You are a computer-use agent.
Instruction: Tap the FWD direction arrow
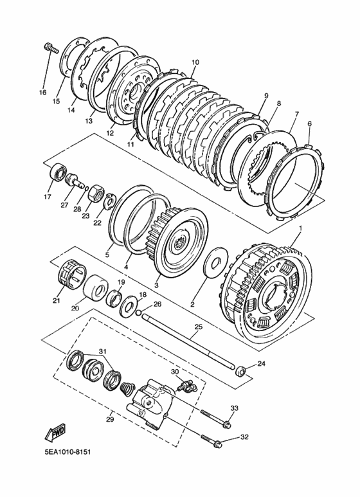pos(55,433)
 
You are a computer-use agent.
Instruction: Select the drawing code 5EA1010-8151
pos(67,451)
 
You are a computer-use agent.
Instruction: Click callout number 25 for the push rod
pos(198,327)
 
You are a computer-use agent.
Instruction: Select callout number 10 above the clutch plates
pos(195,62)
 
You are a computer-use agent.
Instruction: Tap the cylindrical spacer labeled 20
pos(96,287)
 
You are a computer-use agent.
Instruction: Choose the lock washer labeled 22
pos(109,201)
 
